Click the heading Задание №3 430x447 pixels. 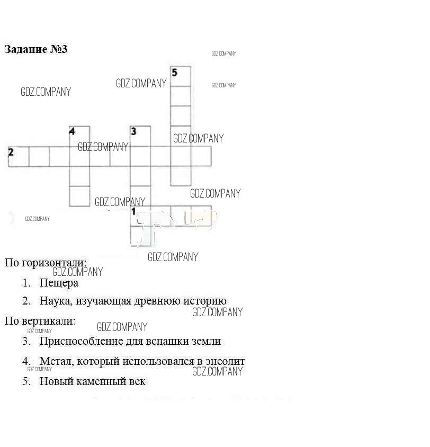(x=36, y=50)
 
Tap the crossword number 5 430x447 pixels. (x=175, y=72)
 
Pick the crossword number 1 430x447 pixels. (x=133, y=211)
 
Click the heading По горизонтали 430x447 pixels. (x=45, y=263)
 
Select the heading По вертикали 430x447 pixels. (x=40, y=321)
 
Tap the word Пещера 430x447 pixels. (x=59, y=283)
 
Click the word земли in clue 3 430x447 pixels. (x=208, y=342)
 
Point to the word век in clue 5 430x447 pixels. (x=136, y=381)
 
